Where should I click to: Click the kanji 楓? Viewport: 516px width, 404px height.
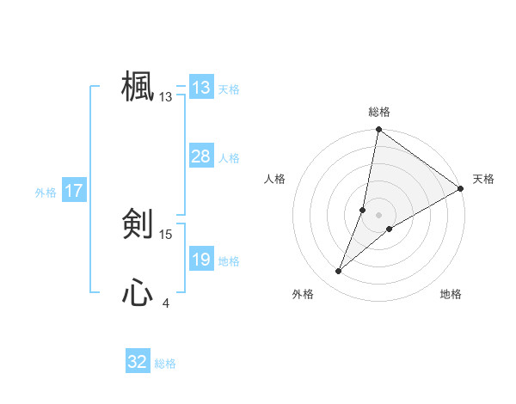[x=138, y=87]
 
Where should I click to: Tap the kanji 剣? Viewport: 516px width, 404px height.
[x=138, y=225]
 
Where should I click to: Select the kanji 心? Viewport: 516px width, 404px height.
[x=138, y=294]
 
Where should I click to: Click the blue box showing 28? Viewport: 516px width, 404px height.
[x=200, y=156]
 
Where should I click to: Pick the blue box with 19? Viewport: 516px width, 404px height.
[x=200, y=260]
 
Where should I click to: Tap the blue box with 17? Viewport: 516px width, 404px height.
[x=73, y=191]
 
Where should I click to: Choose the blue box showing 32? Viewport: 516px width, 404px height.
[x=138, y=362]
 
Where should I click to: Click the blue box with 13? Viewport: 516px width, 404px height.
[x=200, y=88]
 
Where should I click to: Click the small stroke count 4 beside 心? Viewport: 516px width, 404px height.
[x=166, y=303]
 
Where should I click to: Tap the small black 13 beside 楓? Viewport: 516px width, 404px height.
[x=166, y=97]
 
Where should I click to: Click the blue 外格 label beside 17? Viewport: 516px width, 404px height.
[x=46, y=193]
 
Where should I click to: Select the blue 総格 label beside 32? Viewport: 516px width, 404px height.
[x=165, y=364]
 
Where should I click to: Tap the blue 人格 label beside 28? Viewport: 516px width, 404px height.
[x=229, y=158]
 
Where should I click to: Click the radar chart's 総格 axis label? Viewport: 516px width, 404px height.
[x=378, y=112]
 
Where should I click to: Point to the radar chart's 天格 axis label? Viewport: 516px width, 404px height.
[x=483, y=179]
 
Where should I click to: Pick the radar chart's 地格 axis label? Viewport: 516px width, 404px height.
[x=451, y=295]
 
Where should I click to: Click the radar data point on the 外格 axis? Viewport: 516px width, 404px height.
[x=339, y=272]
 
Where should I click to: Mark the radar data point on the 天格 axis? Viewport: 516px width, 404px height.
[x=461, y=188]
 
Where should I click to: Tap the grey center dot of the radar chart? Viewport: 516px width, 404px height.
[x=378, y=215]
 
